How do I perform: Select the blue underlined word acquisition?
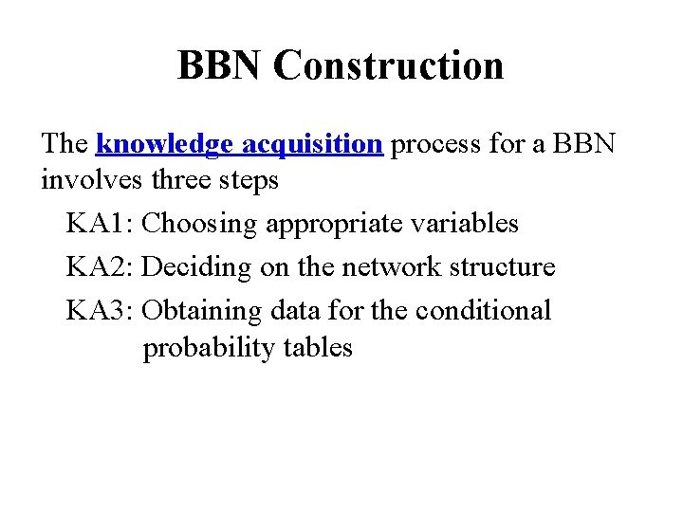coord(312,144)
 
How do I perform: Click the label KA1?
coord(101,224)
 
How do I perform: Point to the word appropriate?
coord(334,225)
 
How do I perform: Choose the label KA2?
coord(101,267)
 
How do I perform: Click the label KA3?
coord(101,310)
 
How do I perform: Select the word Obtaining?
coord(202,311)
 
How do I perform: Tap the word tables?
coord(318,347)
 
